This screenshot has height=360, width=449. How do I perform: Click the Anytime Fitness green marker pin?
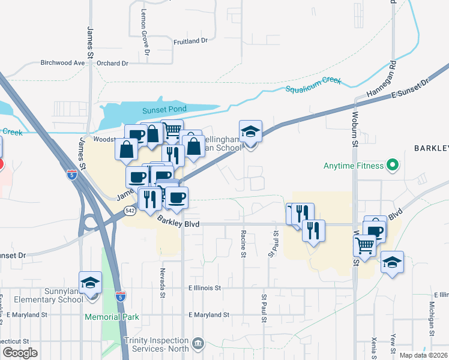point(393,163)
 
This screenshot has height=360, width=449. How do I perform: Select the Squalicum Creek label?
point(313,85)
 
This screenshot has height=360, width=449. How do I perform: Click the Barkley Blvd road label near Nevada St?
point(178,223)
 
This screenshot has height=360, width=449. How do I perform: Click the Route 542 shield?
point(130,211)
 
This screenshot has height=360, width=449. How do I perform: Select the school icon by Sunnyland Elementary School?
point(91,283)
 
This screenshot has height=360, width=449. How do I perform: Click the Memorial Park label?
point(112,317)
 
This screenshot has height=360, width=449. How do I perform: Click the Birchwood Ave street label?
point(62,62)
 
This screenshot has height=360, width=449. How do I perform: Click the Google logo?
point(19,353)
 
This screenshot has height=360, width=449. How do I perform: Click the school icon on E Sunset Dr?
point(250,133)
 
